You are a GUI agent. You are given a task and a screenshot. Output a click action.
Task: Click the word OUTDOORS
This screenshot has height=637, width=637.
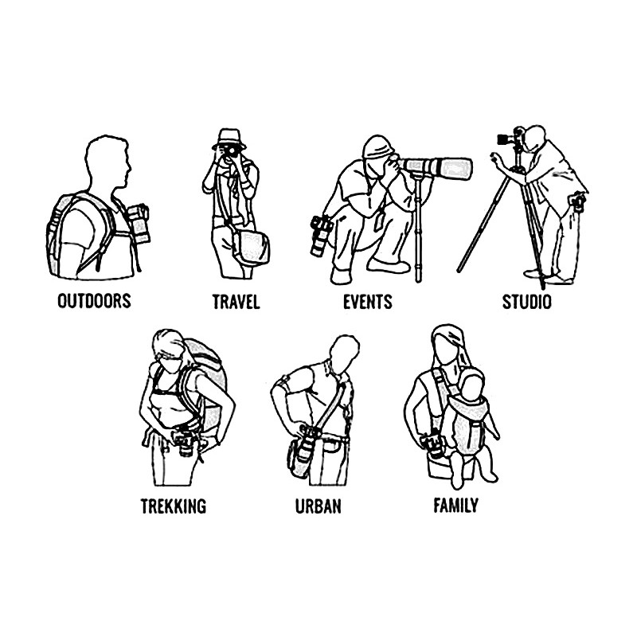(94, 301)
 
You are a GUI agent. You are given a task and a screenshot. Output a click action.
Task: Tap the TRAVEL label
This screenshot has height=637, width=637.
(236, 302)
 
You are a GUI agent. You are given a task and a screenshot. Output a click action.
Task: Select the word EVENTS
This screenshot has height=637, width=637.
(368, 302)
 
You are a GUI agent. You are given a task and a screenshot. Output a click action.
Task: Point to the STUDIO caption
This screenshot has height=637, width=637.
(527, 302)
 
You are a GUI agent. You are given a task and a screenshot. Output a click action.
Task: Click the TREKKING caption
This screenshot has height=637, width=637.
(174, 506)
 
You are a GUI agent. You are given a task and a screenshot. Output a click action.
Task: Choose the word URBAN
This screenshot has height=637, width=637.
(318, 506)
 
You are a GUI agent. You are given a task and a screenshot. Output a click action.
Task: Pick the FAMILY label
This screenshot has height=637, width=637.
(455, 506)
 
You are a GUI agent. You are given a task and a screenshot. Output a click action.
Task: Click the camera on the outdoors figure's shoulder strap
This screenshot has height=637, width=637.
(138, 224)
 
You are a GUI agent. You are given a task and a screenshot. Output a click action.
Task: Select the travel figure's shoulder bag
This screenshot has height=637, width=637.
(251, 248)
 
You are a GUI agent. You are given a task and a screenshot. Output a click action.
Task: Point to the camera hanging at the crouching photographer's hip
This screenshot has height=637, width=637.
(321, 236)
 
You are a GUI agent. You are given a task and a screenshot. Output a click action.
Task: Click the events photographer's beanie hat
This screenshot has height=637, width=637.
(378, 147)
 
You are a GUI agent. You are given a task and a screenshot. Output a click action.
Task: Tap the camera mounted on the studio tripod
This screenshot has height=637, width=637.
(511, 137)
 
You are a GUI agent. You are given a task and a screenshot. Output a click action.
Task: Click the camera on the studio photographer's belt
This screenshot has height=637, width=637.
(578, 201)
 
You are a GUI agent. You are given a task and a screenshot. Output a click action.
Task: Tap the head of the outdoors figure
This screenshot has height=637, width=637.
(107, 162)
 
